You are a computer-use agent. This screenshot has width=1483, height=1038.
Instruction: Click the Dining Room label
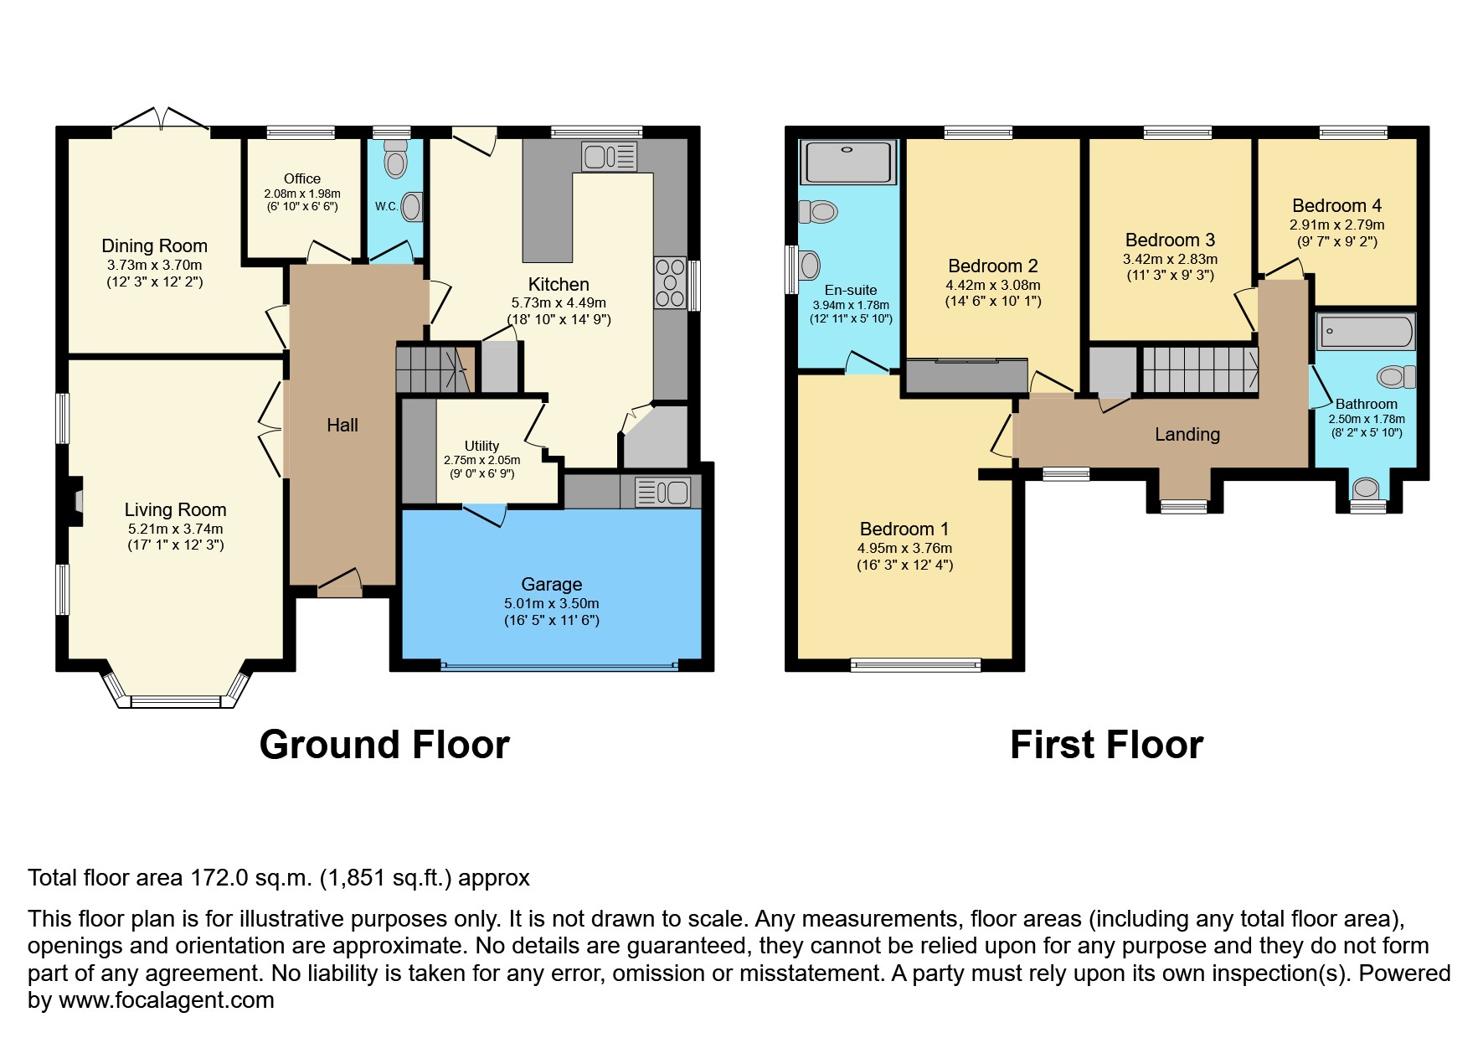[x=154, y=246]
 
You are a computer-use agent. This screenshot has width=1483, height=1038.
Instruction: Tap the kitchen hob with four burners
[x=669, y=283]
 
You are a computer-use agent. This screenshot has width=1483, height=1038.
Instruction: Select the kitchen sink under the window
[x=609, y=157]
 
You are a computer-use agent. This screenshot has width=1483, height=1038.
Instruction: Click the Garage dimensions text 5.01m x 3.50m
[x=551, y=603]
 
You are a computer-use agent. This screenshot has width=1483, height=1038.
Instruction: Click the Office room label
[x=302, y=179]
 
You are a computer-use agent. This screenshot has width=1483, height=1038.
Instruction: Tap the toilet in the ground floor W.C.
[x=393, y=156]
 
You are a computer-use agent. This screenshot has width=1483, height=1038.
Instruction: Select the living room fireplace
[x=76, y=501]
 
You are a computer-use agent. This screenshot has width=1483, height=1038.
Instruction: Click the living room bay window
[x=177, y=700]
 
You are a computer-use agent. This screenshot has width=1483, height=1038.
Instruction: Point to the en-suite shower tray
[x=849, y=163]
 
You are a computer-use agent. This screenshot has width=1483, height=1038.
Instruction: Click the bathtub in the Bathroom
[x=1366, y=333]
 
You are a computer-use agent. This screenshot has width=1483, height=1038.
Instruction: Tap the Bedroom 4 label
[x=1336, y=206]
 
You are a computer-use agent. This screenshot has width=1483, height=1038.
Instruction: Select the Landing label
[x=1187, y=435]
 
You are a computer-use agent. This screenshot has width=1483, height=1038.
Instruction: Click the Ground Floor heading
[x=384, y=745]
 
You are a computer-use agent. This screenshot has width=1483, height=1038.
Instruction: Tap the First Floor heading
[x=1105, y=745]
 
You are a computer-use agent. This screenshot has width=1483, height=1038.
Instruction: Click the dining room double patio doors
[x=160, y=122]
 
